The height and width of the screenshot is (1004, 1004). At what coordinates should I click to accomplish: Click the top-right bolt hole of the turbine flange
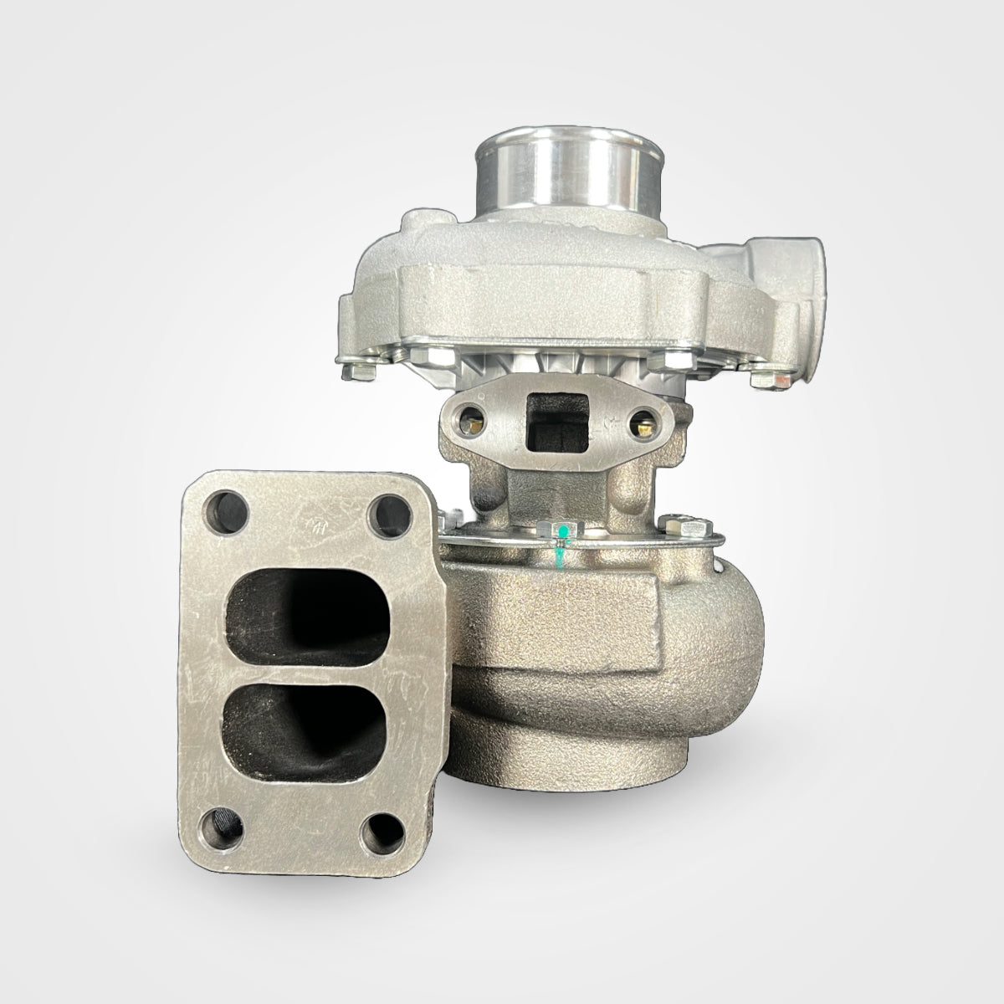[x=387, y=511]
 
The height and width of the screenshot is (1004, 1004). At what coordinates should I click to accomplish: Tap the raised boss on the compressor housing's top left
[x=416, y=223]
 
